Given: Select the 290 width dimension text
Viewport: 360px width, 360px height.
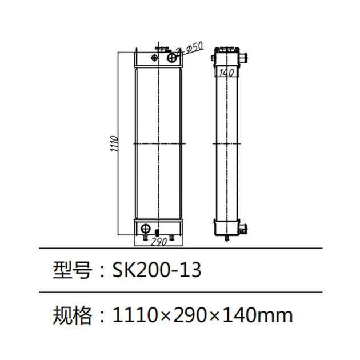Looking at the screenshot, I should [x=158, y=242].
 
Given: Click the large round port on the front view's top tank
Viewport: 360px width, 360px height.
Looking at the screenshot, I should [x=171, y=57].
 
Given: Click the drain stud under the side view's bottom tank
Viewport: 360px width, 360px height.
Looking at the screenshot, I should [x=227, y=238].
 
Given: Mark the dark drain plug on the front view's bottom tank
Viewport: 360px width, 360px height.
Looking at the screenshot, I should [x=157, y=233].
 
